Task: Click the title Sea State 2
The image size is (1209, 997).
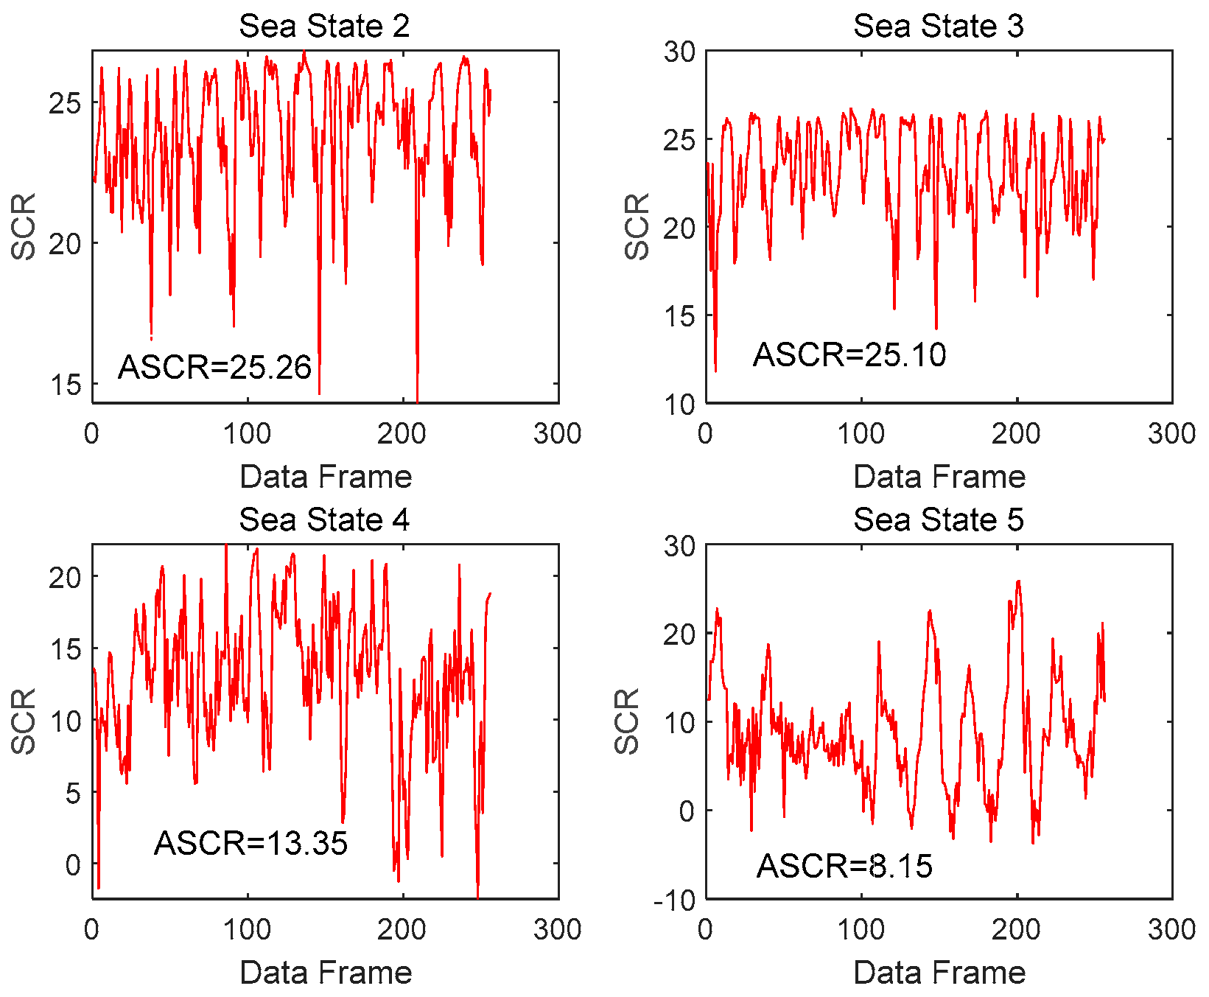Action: click(324, 27)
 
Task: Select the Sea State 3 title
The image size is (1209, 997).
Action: click(938, 27)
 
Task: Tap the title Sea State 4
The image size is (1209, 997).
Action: click(324, 520)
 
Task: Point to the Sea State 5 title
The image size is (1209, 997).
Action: click(938, 520)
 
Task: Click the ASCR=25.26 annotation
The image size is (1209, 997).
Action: click(214, 367)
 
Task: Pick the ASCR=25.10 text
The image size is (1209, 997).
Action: click(849, 355)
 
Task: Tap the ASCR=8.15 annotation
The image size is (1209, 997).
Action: click(844, 866)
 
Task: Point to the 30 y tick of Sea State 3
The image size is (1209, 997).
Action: click(679, 52)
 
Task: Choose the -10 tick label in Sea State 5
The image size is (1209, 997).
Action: click(674, 900)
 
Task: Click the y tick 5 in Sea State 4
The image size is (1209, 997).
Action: click(73, 794)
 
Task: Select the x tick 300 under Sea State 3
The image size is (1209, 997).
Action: click(1171, 434)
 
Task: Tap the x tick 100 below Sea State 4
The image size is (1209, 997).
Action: click(248, 930)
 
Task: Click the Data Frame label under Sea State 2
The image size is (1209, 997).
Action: click(326, 477)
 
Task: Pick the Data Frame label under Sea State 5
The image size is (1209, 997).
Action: click(939, 973)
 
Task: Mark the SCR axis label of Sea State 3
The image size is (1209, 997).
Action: click(637, 227)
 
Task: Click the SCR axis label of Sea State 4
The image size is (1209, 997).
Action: click(24, 721)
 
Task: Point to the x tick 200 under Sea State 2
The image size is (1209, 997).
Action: click(402, 434)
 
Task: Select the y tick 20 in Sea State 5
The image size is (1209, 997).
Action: click(679, 634)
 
